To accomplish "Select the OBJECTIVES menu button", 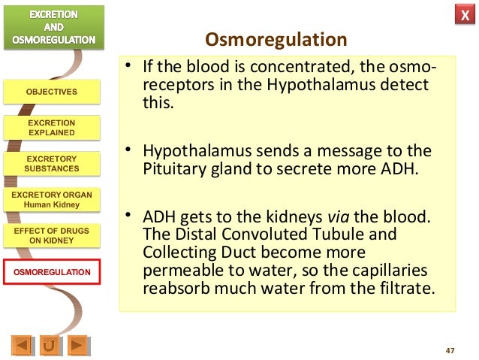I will click(52, 92).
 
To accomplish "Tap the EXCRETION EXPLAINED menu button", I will click(52, 128).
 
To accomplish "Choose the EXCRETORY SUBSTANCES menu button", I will click(52, 164).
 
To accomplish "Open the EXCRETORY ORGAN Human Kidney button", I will click(52, 199).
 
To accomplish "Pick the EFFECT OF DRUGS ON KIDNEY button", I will click(52, 235).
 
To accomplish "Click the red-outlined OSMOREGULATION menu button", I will click(52, 271).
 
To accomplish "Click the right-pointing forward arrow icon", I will click(77, 346).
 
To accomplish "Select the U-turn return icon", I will click(50, 346).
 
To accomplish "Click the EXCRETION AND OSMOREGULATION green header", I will click(52, 27).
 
